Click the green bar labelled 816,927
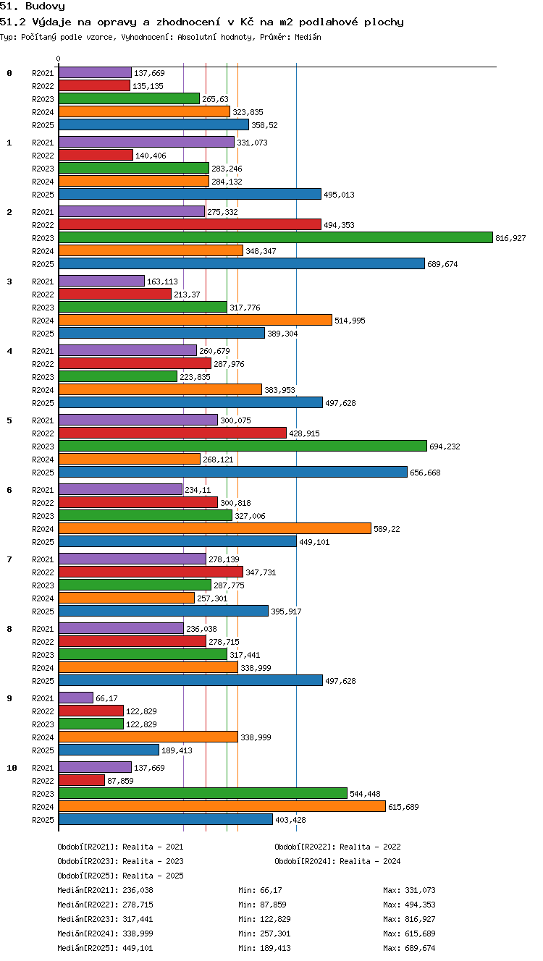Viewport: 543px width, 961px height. [276, 237]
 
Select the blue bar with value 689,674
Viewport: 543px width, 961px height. [242, 263]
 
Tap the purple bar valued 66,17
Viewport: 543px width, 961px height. [76, 698]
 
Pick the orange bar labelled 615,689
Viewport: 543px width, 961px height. [222, 806]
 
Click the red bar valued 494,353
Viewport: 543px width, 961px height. [190, 224]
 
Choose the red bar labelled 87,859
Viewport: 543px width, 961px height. [82, 780]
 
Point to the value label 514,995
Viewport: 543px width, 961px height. [350, 321]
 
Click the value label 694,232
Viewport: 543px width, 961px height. [445, 446]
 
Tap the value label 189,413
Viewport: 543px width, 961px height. [177, 750]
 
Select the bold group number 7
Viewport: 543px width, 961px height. [9, 559]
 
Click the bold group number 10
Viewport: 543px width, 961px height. [12, 768]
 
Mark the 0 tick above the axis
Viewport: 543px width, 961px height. [59, 59]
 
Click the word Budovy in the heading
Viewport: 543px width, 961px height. [45, 6]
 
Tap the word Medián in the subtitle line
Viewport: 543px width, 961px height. [308, 37]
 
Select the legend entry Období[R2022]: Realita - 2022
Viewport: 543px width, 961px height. [337, 847]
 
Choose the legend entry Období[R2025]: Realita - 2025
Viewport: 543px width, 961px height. [120, 876]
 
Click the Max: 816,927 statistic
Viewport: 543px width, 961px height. [409, 919]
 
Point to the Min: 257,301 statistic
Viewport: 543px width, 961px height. [264, 934]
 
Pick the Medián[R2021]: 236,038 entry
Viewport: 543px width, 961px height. [105, 890]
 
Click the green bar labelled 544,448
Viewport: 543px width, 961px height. [203, 793]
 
